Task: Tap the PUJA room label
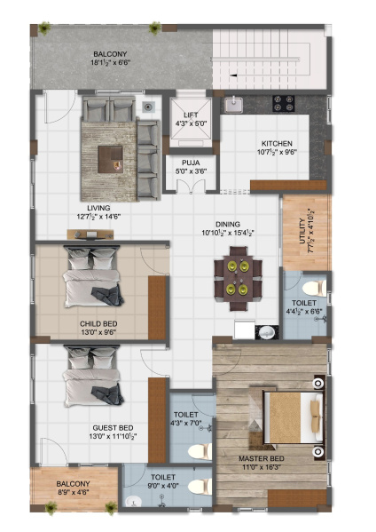pos(191,163)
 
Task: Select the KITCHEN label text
pos(277,143)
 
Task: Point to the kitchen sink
pos(234,106)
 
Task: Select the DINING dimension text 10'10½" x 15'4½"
pos(228,234)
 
